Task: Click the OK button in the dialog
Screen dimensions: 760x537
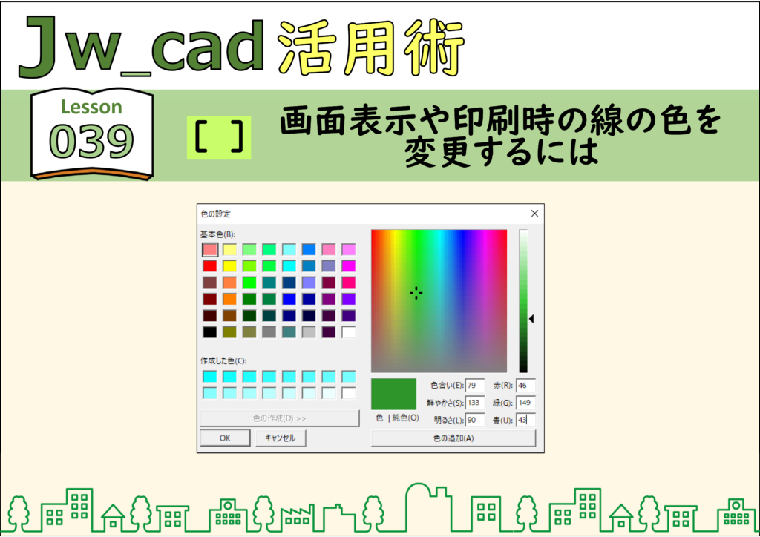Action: point(225,438)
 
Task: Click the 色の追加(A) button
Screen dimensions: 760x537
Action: point(453,438)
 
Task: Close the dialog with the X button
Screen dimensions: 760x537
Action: point(534,214)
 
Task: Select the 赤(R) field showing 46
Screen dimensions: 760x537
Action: point(525,386)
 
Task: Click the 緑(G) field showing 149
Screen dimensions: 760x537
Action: point(525,403)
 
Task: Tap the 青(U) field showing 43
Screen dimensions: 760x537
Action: point(525,420)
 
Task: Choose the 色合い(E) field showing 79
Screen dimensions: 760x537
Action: point(474,386)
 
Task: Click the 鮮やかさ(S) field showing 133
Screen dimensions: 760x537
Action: point(474,403)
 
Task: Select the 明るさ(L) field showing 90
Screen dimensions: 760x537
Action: point(474,420)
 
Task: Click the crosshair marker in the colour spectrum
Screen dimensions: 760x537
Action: point(416,293)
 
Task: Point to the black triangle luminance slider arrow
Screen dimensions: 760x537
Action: point(531,319)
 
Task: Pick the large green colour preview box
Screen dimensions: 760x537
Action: point(393,394)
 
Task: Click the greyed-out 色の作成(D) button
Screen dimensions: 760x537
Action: point(280,418)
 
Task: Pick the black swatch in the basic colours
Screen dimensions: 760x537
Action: point(210,332)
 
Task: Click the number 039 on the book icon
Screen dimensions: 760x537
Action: point(91,141)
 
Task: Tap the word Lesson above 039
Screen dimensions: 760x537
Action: point(91,107)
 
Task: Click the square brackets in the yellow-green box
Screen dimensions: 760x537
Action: point(219,137)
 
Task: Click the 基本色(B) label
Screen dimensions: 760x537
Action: point(217,234)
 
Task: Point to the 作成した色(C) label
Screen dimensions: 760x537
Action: point(223,360)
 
